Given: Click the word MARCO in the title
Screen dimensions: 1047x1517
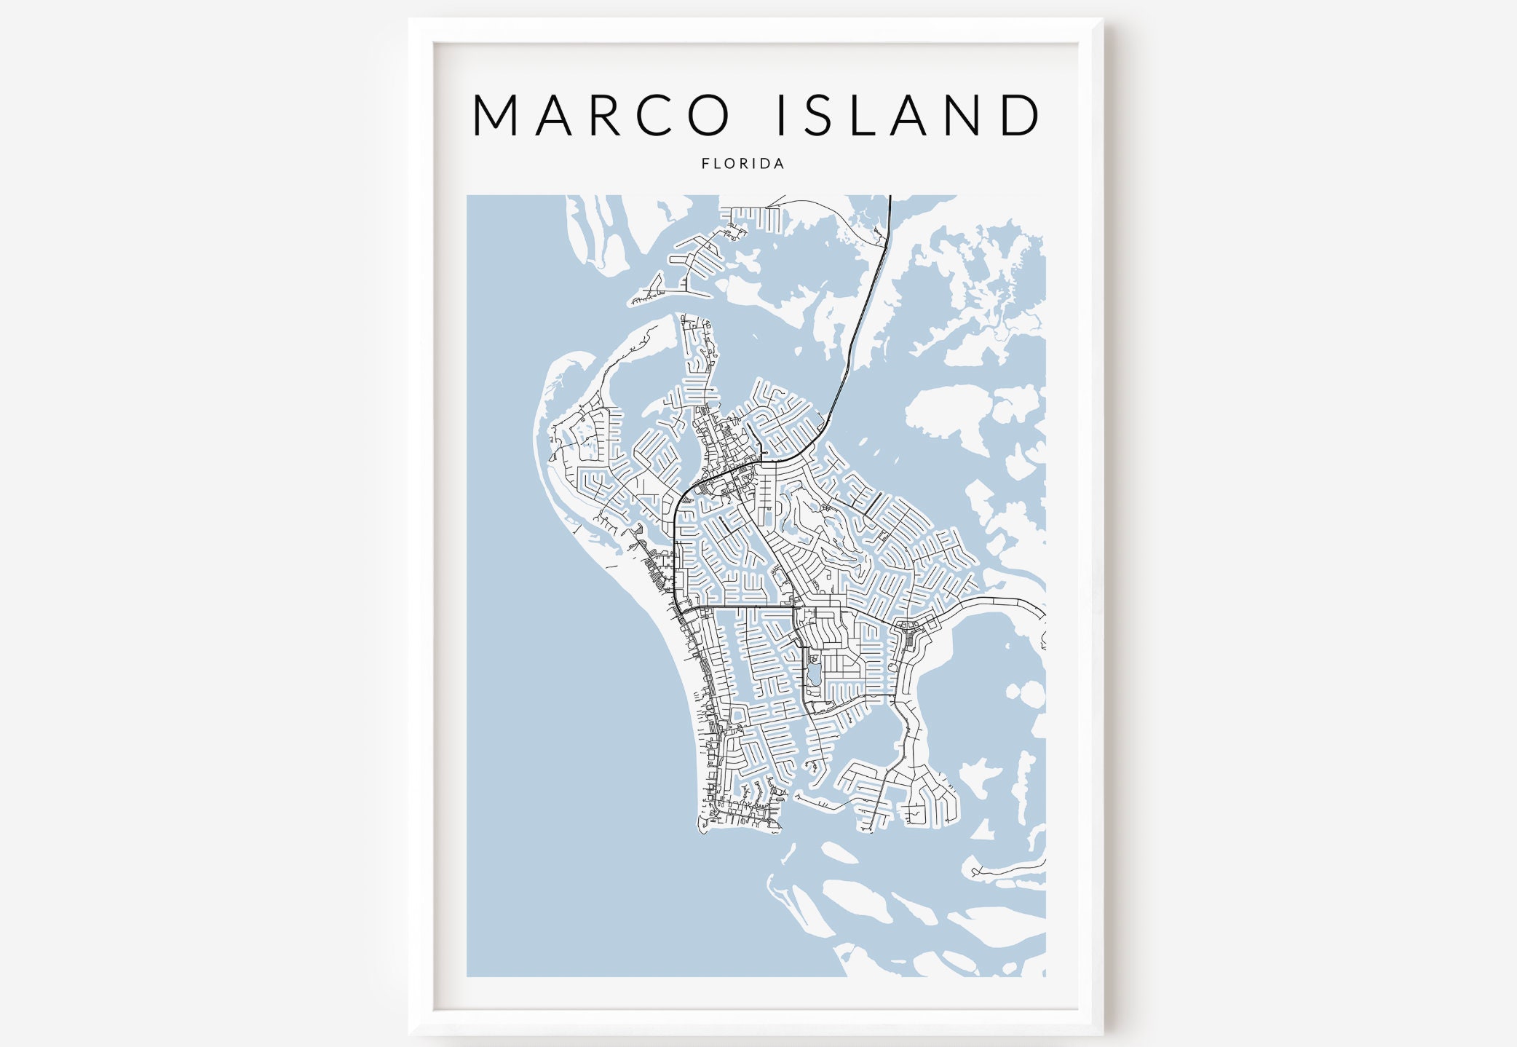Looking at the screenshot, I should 601,115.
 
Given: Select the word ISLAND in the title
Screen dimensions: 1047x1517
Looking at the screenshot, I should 908,115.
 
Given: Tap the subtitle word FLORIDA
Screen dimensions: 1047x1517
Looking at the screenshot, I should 742,164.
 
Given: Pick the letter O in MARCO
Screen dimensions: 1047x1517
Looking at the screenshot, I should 708,115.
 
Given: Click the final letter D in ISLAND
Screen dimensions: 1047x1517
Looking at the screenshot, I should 1019,115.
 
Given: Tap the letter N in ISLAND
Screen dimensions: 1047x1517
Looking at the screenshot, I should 961,115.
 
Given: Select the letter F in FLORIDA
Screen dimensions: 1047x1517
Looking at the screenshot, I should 705,164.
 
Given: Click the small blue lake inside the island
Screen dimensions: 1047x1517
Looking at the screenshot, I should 813,671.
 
